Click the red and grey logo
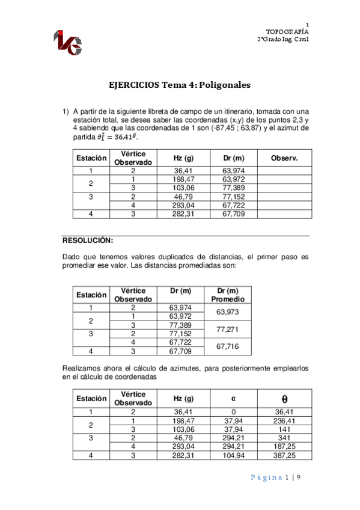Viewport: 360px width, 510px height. tap(68, 41)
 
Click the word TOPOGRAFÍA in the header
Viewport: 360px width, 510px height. tap(287, 31)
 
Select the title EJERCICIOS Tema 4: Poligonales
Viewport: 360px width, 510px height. tap(179, 85)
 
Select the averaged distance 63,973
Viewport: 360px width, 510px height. tap(228, 312)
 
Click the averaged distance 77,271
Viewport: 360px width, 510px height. tap(228, 330)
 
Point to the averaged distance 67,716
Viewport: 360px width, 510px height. tap(228, 346)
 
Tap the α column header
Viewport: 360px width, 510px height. tap(234, 398)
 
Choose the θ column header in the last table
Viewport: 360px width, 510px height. tap(284, 398)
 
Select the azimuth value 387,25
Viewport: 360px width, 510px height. tap(284, 455)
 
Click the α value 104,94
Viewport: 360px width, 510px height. tap(234, 455)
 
